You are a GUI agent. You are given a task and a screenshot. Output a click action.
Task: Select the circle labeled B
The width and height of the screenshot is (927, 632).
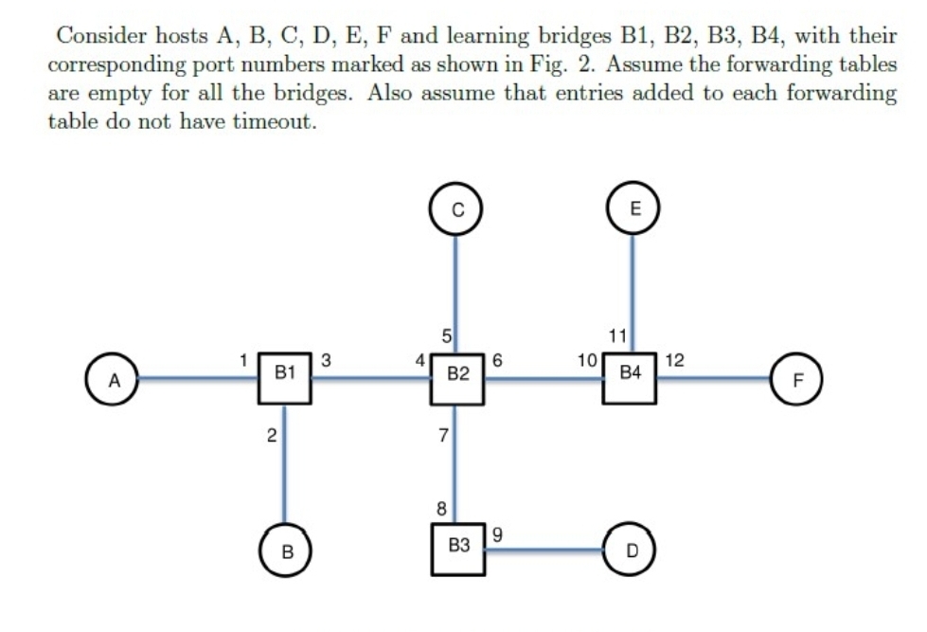[285, 550]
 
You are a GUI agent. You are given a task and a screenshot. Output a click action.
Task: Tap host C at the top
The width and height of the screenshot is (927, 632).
[456, 210]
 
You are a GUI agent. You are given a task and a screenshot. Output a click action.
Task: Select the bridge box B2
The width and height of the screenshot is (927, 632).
[458, 377]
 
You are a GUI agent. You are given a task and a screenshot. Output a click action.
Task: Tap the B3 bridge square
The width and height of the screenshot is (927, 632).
[458, 547]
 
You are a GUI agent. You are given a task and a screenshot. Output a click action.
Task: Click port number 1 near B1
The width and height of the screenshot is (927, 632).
[243, 359]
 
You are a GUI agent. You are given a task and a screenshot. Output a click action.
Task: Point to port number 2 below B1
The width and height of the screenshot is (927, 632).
[271, 436]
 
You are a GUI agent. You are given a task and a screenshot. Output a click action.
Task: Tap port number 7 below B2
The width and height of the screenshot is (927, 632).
[442, 435]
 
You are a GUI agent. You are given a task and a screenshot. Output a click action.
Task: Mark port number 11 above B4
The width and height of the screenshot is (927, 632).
[616, 335]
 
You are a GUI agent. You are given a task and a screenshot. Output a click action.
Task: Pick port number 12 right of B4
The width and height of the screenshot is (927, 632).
[675, 359]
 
